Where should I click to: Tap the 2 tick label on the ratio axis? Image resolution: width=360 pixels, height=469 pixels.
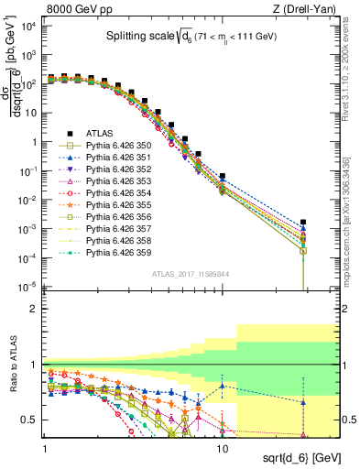click(35, 309)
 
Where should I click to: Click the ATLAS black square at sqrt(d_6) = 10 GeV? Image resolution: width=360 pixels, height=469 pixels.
click(222, 176)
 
